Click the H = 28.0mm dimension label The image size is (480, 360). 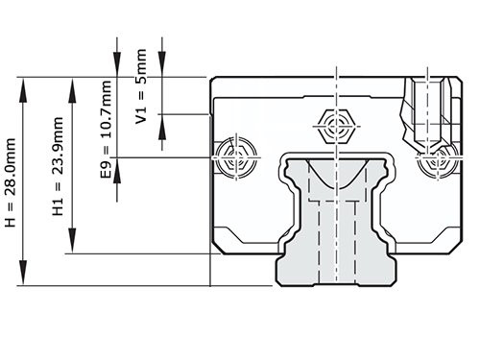11,181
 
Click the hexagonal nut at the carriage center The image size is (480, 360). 337,125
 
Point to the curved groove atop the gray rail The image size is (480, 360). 335,173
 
